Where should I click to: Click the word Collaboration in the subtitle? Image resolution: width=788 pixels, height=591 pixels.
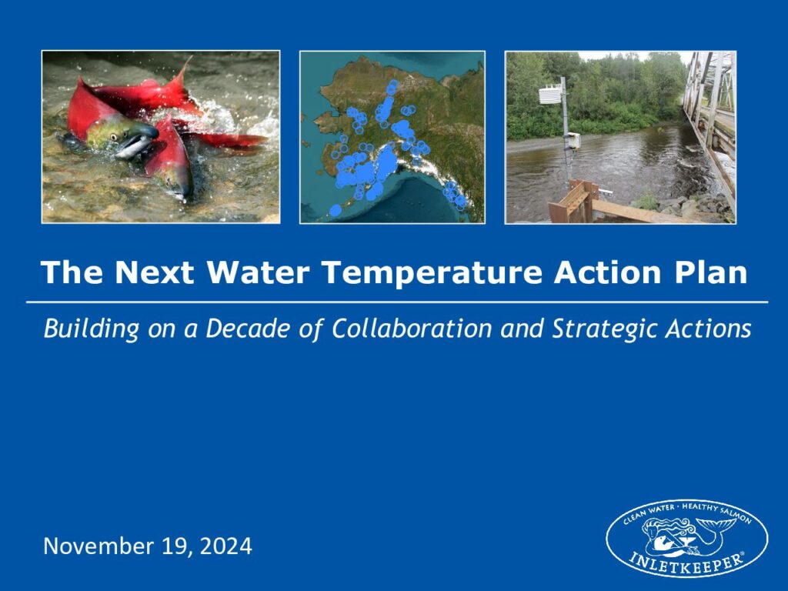click(x=411, y=329)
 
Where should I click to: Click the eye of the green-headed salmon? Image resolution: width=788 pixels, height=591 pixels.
click(x=114, y=135)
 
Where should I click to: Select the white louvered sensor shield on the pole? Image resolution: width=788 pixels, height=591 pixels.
click(x=549, y=94)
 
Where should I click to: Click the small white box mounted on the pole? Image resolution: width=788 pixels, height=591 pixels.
click(x=574, y=141)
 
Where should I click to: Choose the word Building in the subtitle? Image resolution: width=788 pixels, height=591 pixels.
click(x=91, y=329)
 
